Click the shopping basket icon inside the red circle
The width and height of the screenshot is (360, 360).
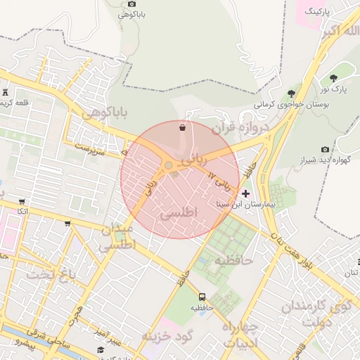183,127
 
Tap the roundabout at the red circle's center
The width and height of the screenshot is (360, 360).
169,166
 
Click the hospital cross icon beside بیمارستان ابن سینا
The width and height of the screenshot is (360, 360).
245,193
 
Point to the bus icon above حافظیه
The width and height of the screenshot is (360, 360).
202,297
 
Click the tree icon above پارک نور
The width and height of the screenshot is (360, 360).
333,77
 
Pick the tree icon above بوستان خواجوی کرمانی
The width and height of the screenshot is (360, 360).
291,94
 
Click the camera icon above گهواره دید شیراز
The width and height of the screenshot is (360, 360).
324,149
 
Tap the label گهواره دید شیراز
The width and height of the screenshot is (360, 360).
324,160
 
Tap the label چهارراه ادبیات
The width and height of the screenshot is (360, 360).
241,335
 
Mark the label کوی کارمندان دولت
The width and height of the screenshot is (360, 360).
316,314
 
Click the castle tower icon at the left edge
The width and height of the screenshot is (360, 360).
6,92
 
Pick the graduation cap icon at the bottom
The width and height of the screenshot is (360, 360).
101,349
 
